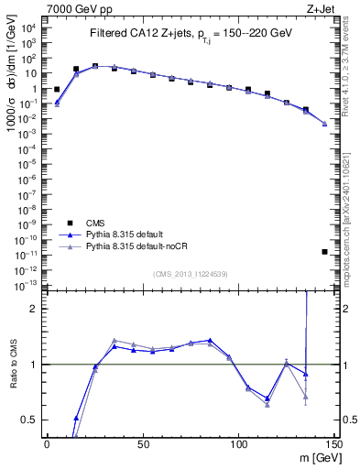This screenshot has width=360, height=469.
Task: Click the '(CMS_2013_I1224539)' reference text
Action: point(191,274)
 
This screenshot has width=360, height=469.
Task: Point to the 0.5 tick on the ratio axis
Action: point(31,420)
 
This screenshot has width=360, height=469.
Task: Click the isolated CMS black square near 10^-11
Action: point(325,252)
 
